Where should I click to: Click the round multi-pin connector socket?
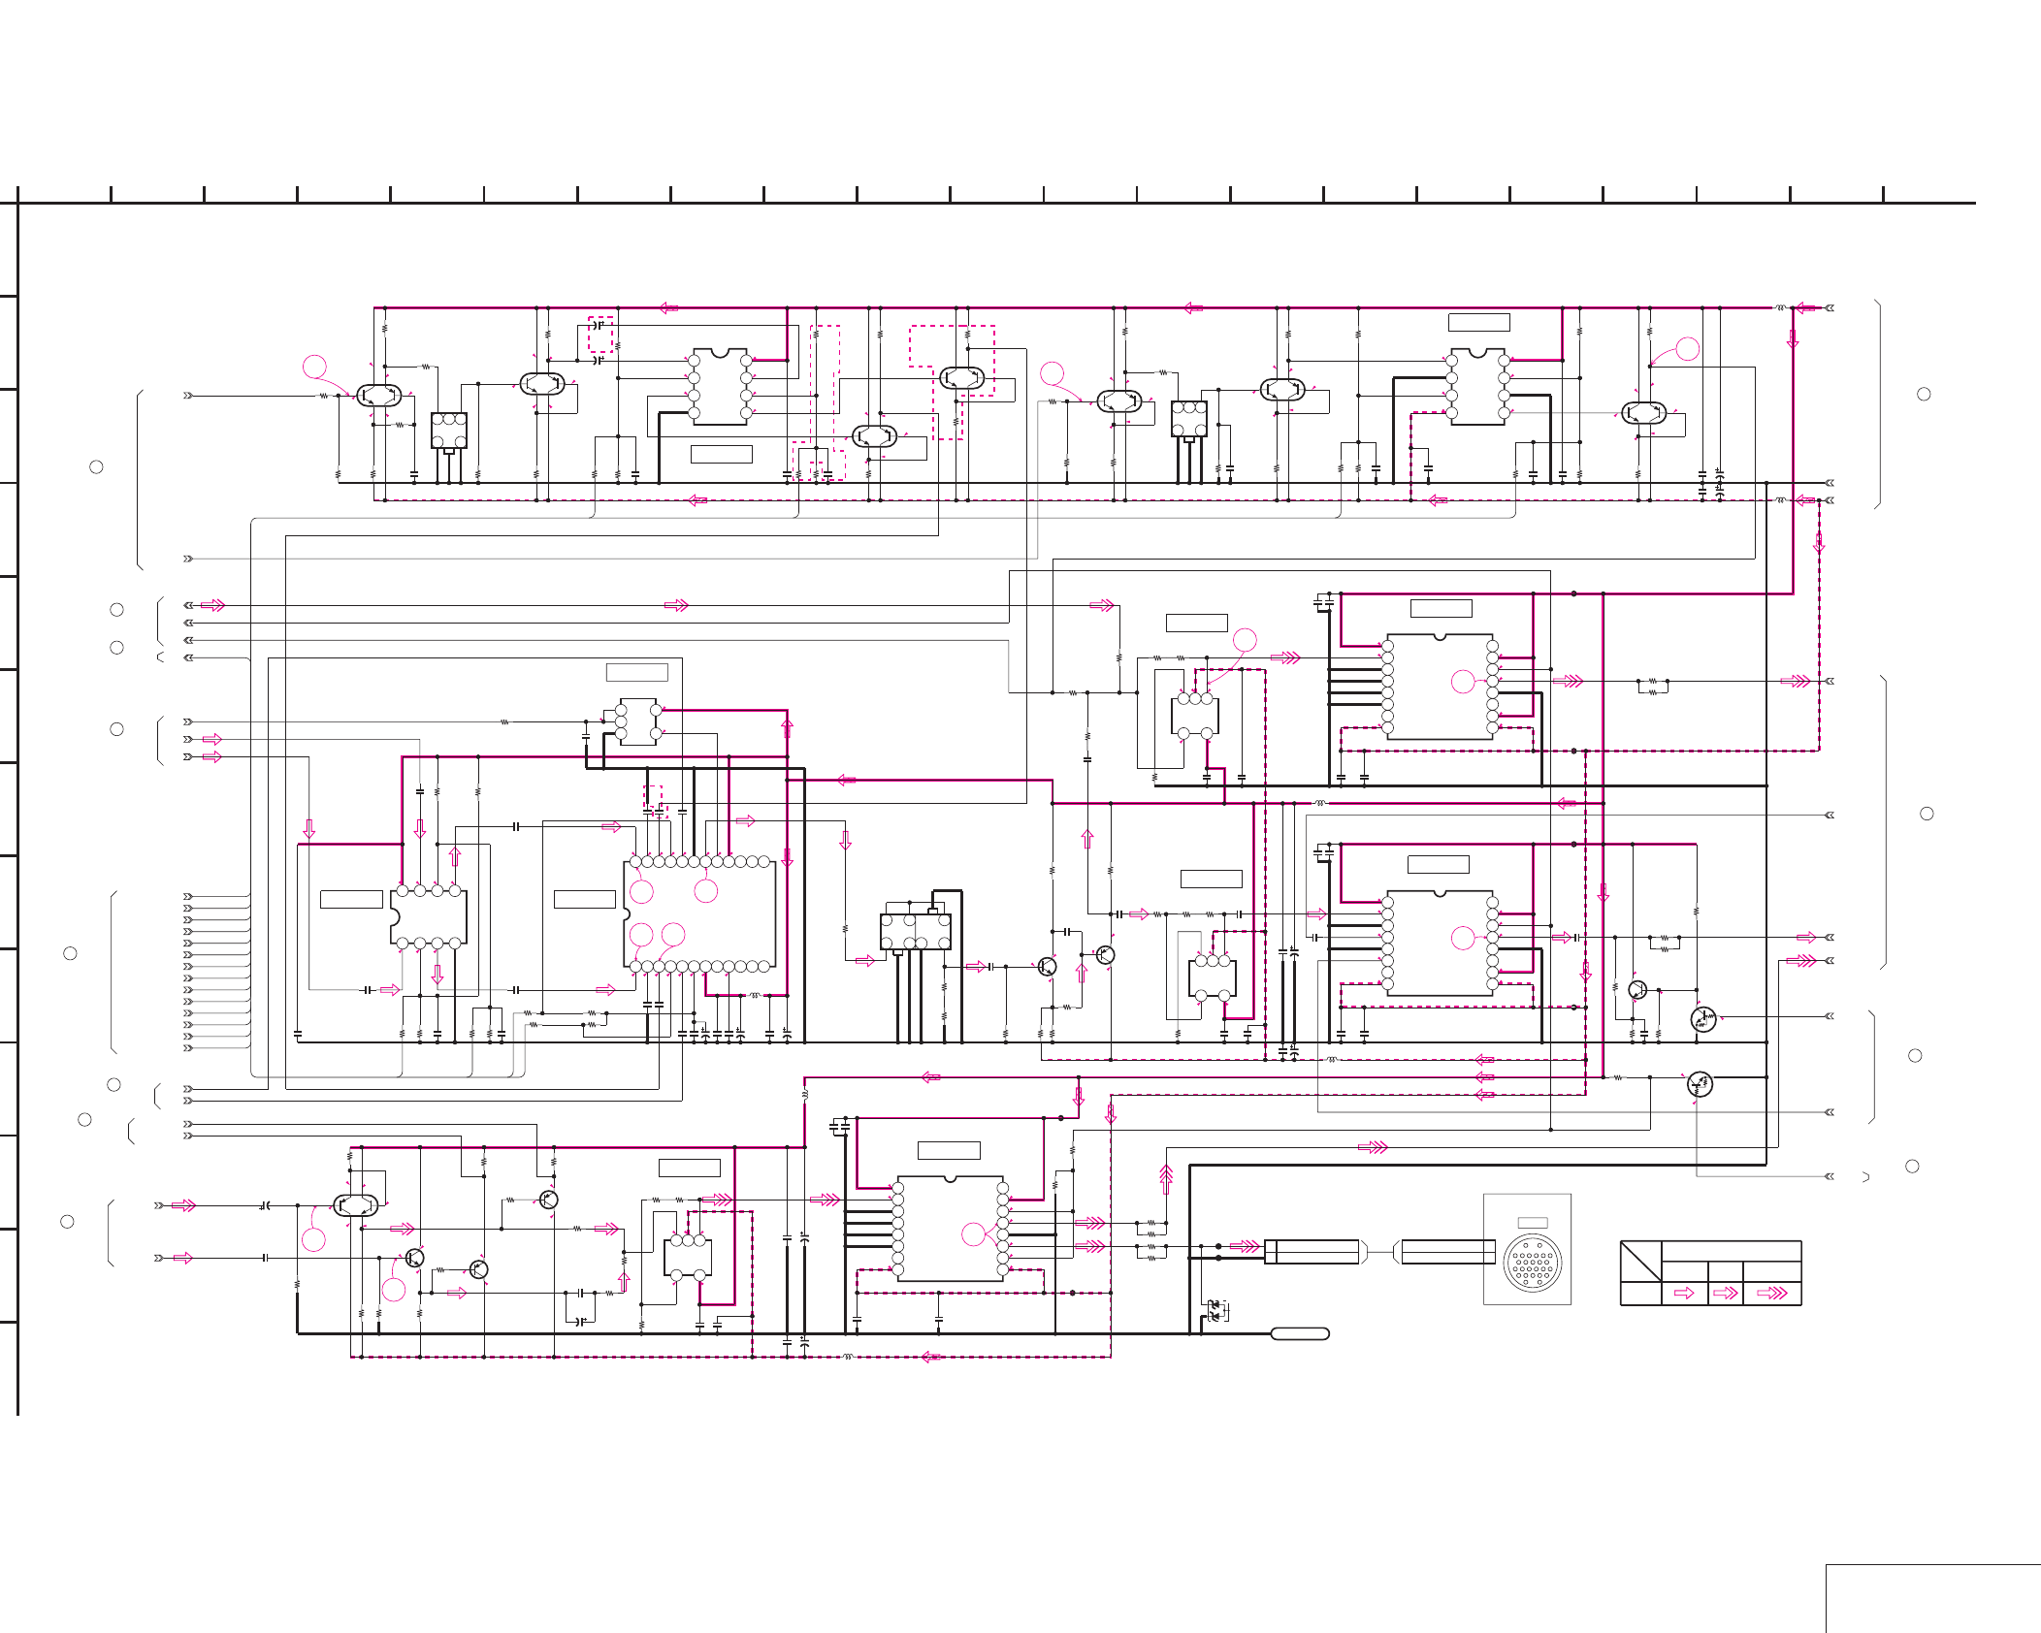point(1532,1263)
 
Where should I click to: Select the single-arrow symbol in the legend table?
point(1684,1293)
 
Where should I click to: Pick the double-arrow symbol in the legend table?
point(1725,1293)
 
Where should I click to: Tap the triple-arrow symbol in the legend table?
point(1771,1293)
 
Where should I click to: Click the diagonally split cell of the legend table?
point(1640,1261)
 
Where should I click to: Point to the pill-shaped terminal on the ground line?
point(1300,1333)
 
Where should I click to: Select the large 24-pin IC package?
point(699,913)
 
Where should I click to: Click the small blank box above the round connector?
point(1532,1223)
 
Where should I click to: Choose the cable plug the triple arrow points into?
point(1312,1252)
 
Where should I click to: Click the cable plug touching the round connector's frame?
point(1447,1252)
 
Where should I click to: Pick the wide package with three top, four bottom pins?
point(915,931)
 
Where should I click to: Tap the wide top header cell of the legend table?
point(1731,1251)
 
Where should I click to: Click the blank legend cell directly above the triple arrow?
point(1771,1271)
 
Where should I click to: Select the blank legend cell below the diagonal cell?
point(1640,1294)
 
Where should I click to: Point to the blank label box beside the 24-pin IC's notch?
point(584,899)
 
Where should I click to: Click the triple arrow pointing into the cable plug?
point(1245,1246)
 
